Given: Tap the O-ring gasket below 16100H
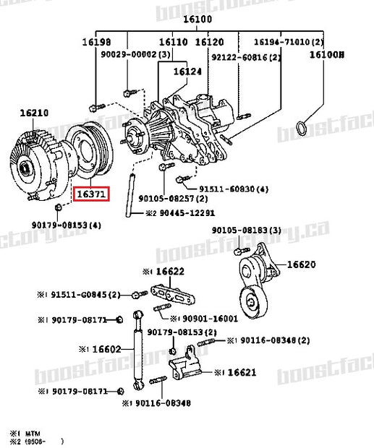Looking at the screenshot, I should click(308, 129).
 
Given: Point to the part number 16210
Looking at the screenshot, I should click(34, 113).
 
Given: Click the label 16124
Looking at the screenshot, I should click(187, 72).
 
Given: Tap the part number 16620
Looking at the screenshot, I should click(302, 265).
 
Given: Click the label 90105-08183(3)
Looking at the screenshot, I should click(244, 231).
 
